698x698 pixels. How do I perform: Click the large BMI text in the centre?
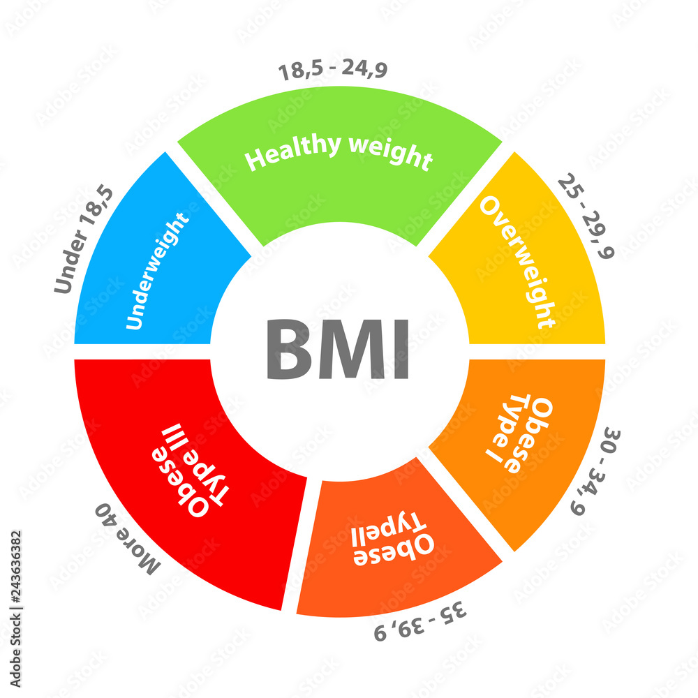(x=337, y=348)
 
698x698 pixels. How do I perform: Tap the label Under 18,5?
(x=84, y=239)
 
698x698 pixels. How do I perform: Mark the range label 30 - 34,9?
(x=595, y=472)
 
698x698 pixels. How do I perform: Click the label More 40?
(x=127, y=539)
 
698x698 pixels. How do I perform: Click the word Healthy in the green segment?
(x=293, y=151)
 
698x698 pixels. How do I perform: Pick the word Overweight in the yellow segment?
(x=518, y=262)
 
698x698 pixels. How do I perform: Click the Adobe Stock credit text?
(x=15, y=609)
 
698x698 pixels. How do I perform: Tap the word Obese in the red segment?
(x=180, y=482)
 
